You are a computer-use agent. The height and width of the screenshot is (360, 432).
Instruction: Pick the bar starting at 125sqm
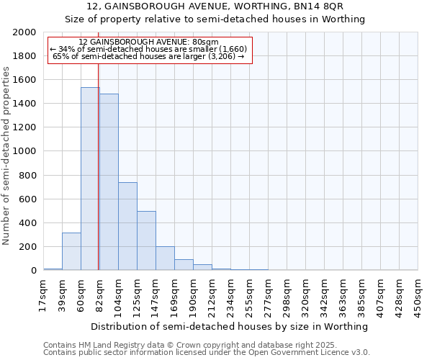146,240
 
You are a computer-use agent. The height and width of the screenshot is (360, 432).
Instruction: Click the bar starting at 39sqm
71,251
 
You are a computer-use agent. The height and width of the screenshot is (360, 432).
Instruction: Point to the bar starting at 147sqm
165,258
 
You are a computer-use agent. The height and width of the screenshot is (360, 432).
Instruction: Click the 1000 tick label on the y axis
24,152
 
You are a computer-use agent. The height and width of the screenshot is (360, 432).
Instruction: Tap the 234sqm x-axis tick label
230,295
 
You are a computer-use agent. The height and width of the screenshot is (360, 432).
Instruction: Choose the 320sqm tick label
305,295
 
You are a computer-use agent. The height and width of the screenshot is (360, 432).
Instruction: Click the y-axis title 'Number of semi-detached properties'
7,156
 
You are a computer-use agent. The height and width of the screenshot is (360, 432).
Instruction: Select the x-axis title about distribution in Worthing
230,326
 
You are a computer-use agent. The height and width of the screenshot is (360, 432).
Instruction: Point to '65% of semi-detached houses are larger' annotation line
149,56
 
